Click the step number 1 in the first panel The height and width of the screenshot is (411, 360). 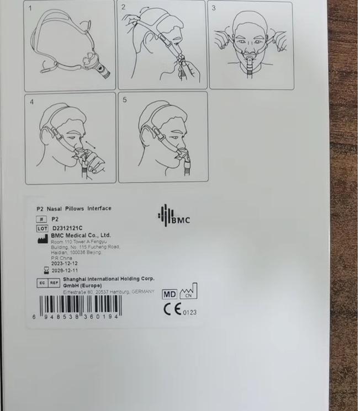30,8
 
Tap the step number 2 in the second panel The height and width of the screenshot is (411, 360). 124,7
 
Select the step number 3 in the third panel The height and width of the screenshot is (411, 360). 214,8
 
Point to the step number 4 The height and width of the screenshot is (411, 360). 31,102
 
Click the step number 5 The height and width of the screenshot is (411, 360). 125,100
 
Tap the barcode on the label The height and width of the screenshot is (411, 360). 80,306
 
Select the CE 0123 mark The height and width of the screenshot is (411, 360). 180,310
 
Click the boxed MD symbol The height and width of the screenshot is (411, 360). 169,294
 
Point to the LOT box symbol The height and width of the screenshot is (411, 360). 43,228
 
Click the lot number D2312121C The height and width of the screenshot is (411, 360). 67,228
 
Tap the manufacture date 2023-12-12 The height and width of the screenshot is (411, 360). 65,264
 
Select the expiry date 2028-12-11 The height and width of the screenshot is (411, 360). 65,270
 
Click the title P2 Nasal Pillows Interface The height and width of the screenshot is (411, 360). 73,209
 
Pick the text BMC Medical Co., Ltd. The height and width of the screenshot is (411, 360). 81,235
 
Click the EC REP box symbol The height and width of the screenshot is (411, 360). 47,282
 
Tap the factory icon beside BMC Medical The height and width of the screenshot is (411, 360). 42,238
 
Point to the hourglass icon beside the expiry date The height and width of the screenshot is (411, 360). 46,270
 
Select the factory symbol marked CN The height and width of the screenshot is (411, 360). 188,291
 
